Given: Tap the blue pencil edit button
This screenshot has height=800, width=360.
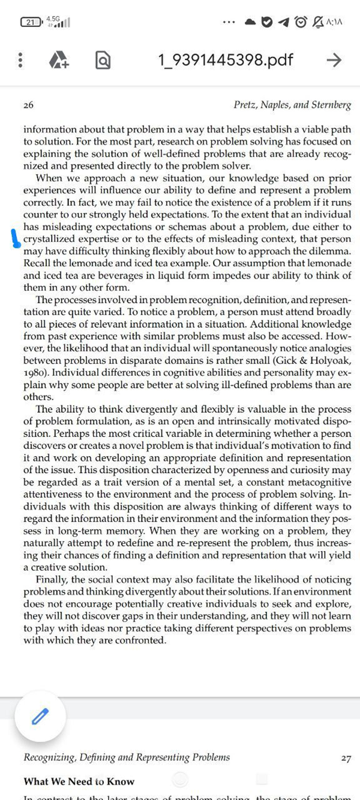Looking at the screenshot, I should coord(40,715).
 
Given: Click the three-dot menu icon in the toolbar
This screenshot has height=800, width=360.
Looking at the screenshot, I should coord(20,60).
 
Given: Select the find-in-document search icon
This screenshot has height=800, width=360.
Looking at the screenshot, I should coord(103,60).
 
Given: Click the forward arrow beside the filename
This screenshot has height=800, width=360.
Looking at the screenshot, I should coord(333,60).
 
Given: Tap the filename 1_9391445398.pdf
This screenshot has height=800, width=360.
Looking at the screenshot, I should coord(226,60).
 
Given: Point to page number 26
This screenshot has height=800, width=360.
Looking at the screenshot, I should coord(28,105).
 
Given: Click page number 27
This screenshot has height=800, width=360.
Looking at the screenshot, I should coord(346,758).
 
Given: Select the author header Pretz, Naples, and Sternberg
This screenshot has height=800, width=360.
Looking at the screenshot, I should coord(292,105).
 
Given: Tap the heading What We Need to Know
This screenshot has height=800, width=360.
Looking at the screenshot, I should coord(79,781).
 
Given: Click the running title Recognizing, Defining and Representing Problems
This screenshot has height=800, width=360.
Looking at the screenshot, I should coord(126,757).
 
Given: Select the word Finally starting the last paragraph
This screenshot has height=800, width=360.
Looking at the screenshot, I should coord(53,579).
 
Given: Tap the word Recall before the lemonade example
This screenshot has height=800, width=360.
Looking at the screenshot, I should coord(38,263).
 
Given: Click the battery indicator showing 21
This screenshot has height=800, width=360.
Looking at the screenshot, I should coord(30,23).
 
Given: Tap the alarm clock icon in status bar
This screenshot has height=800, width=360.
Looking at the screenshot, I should coord(301,22).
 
